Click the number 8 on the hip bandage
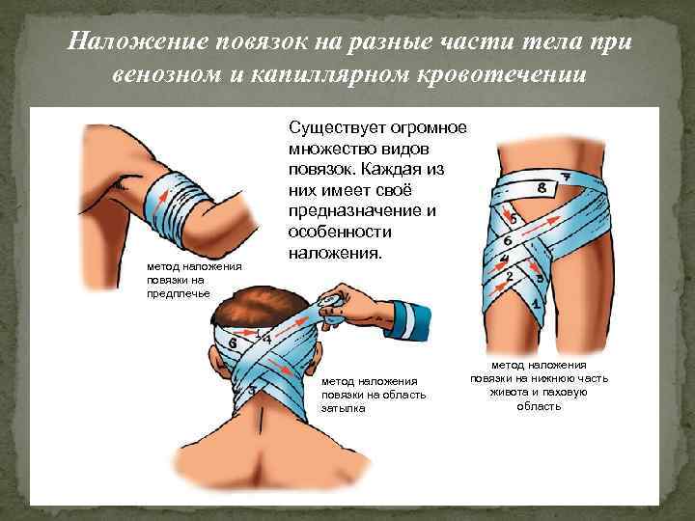click(542, 188)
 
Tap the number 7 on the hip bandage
click(565, 177)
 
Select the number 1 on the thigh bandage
click(536, 304)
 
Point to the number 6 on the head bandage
click(233, 343)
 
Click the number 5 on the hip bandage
click(513, 219)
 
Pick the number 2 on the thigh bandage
click(510, 277)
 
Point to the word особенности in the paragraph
click(340, 232)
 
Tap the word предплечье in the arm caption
click(179, 293)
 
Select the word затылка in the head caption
click(343, 408)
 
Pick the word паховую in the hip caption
click(565, 393)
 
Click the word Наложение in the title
click(138, 42)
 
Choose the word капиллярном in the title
click(329, 75)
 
